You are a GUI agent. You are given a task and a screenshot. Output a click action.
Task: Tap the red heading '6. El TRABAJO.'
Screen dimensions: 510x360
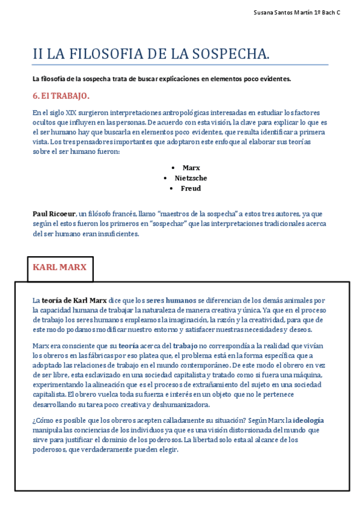61,96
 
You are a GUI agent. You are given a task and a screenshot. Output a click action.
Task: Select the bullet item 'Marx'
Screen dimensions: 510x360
191,168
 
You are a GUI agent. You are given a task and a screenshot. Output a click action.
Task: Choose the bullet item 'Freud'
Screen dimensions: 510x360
191,188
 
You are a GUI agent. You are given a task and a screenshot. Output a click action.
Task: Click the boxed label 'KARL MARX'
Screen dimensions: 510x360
59,267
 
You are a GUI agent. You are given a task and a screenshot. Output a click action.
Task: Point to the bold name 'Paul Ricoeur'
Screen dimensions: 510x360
54,214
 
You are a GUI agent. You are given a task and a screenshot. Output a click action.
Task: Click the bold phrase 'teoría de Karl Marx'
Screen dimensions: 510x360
74,300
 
